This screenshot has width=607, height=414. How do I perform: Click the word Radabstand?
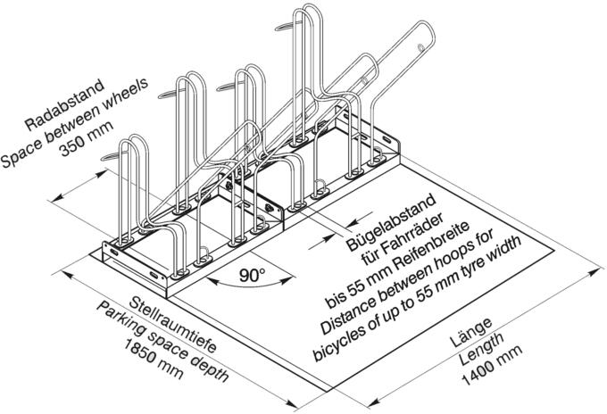point(64,104)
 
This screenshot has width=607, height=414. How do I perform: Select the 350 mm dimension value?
point(87,138)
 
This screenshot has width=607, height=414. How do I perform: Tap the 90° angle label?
point(252,275)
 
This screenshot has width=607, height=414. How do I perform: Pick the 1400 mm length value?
point(492,365)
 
